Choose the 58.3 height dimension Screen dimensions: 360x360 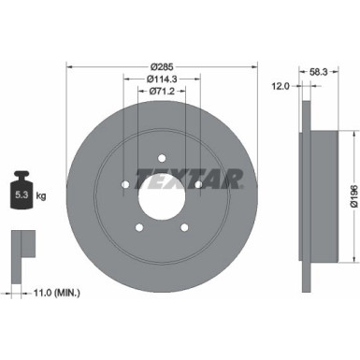click(x=318, y=71)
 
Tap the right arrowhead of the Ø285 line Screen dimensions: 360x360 click(x=255, y=67)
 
